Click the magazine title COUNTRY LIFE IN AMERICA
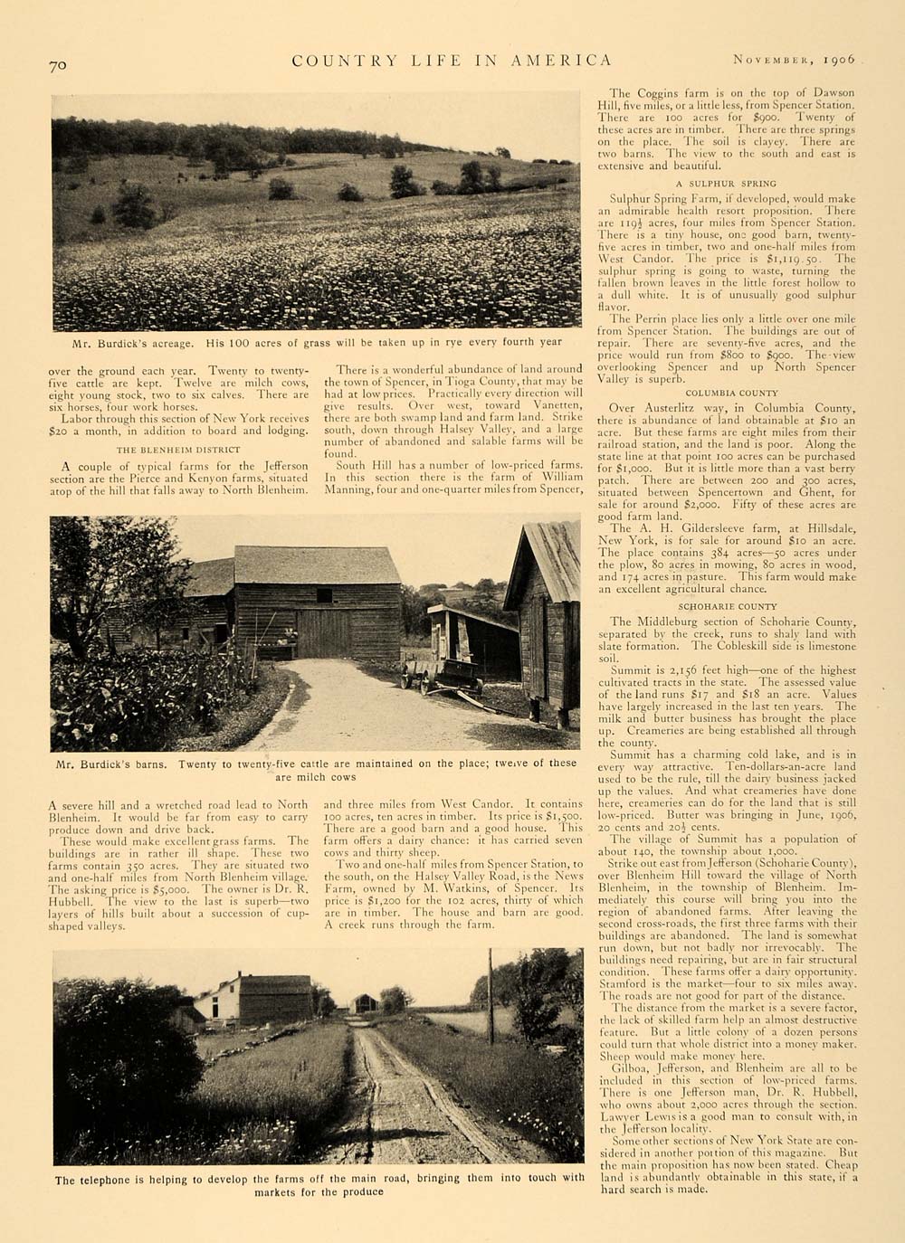coord(452,61)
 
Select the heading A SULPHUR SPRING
coord(731,184)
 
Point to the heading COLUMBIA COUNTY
coord(731,394)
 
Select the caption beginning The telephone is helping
coord(319,1184)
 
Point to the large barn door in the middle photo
coord(323,633)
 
